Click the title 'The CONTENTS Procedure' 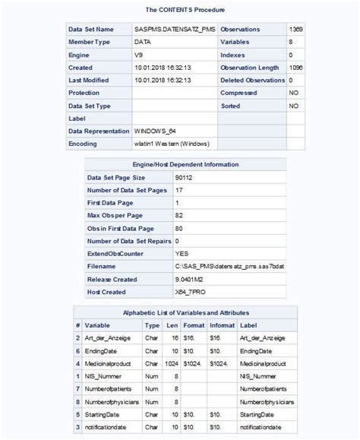pos(179,10)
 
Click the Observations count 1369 pos(295,30)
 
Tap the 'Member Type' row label pos(90,43)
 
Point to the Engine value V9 pos(138,55)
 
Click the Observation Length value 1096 pos(295,68)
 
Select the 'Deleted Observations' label pos(252,81)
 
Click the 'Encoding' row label pos(83,144)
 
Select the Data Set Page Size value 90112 pos(185,178)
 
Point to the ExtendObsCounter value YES pos(182,254)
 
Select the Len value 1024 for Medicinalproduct pos(172,363)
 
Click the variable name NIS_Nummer pos(103,376)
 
